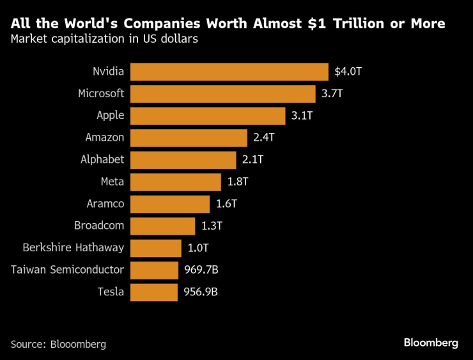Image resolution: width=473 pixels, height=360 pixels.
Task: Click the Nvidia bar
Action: coord(229,72)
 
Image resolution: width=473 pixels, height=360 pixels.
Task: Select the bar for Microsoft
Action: coord(222,93)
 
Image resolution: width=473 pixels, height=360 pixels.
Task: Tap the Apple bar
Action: coord(207,116)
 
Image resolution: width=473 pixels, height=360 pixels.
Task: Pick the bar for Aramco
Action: coord(169,204)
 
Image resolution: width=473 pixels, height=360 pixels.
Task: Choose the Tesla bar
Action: coord(153,292)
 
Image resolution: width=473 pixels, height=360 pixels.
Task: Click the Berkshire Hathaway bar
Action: coord(155,248)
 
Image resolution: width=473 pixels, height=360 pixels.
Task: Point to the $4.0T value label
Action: coord(348,72)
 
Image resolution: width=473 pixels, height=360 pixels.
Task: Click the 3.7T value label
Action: coord(332,93)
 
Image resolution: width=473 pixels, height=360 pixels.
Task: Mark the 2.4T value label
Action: coord(263,137)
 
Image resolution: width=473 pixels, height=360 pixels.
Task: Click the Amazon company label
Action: coord(105,137)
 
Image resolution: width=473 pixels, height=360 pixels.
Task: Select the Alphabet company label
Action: coord(102,160)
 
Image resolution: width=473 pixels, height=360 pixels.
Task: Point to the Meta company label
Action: coord(112,182)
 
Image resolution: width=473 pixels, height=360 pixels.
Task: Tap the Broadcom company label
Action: coord(99,226)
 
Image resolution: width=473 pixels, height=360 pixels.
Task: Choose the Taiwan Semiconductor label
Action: coord(67,270)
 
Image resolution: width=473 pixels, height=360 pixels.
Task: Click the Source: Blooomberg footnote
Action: coord(58,344)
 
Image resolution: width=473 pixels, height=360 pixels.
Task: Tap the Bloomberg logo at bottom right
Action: coord(431,343)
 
